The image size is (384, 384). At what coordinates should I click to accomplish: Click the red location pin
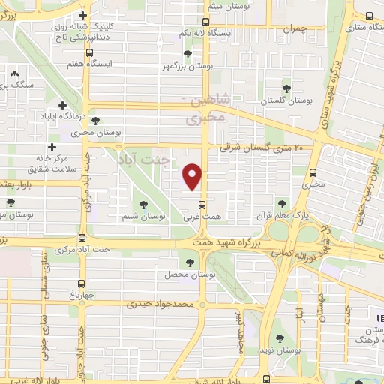tap(193, 176)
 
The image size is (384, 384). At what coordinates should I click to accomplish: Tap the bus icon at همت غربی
tap(202, 205)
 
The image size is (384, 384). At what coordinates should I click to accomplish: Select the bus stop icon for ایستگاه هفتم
tap(90, 53)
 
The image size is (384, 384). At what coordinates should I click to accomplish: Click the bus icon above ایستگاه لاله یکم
tap(206, 22)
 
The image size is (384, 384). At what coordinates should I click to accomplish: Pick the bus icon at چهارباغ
tap(82, 283)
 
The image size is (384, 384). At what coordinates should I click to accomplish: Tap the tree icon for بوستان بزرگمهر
tap(188, 54)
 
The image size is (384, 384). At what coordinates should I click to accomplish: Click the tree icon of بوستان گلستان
tap(285, 88)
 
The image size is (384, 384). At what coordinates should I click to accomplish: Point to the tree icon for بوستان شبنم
tap(143, 204)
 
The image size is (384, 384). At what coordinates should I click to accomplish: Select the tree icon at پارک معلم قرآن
tap(282, 204)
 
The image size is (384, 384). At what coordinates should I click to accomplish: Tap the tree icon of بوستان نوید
tap(279, 339)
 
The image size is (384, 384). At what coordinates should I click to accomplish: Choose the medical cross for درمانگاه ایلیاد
tap(61, 106)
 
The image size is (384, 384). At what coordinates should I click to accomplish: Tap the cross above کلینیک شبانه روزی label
tap(82, 16)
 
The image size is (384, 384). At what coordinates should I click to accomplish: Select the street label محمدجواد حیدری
tap(160, 304)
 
